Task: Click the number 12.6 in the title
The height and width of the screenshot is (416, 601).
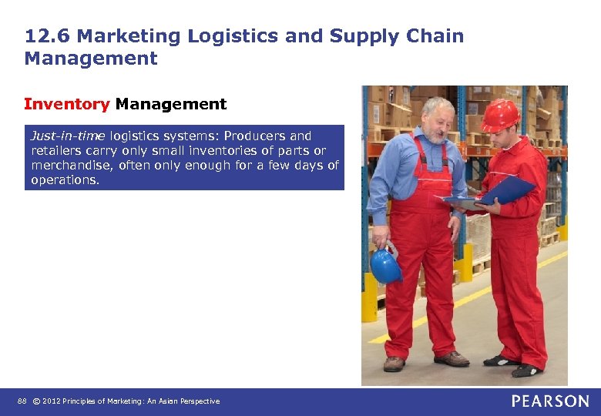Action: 47,36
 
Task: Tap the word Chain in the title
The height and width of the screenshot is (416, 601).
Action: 435,36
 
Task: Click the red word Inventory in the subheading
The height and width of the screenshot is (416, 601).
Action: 67,104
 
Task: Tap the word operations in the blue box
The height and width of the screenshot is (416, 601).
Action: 65,179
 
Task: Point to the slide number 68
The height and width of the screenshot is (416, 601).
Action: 21,401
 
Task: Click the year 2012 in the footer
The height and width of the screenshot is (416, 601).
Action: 51,401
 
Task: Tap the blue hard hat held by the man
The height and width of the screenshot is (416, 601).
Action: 385,266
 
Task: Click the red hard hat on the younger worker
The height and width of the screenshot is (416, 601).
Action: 500,115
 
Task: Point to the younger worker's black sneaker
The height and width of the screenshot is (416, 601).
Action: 501,360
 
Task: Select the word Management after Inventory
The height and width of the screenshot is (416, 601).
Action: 171,104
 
